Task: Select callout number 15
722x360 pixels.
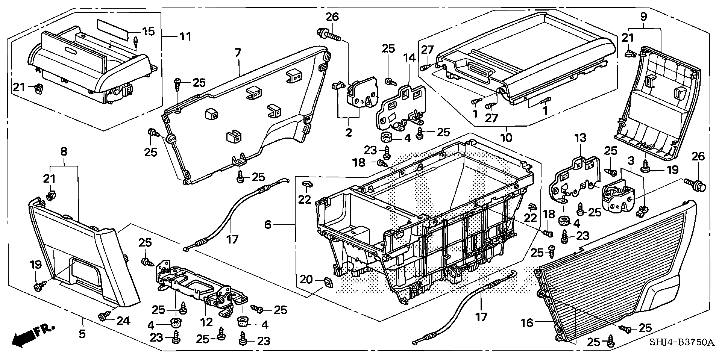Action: click(x=149, y=31)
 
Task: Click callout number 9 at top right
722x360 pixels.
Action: click(x=643, y=17)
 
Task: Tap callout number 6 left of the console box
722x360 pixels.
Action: click(x=267, y=225)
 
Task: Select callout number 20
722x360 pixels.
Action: click(x=306, y=279)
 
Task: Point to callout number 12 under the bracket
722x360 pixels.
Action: click(x=206, y=322)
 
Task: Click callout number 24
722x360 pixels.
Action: click(x=123, y=321)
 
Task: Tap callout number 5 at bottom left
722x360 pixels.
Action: click(x=82, y=333)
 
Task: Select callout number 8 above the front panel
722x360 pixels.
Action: click(x=64, y=151)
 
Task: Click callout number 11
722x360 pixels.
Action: click(x=185, y=36)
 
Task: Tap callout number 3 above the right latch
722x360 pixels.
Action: click(x=631, y=160)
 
